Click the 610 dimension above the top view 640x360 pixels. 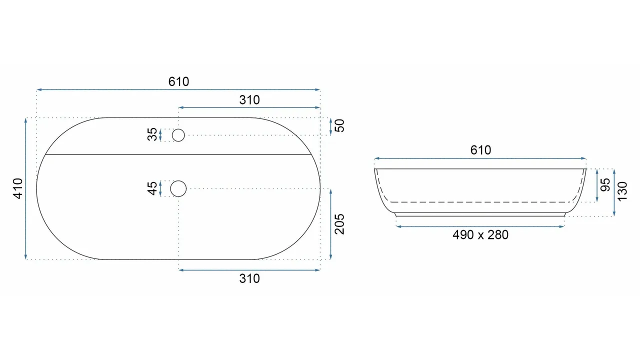[x=178, y=81]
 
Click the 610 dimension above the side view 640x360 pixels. [x=480, y=150]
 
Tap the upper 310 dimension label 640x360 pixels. [x=249, y=100]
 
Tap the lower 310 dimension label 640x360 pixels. [x=249, y=278]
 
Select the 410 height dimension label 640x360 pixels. [x=18, y=188]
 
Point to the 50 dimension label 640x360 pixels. [x=339, y=125]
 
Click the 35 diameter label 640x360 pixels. [x=152, y=134]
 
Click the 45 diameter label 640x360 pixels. [x=152, y=188]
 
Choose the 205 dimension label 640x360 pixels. [x=339, y=224]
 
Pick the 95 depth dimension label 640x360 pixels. [x=605, y=185]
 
